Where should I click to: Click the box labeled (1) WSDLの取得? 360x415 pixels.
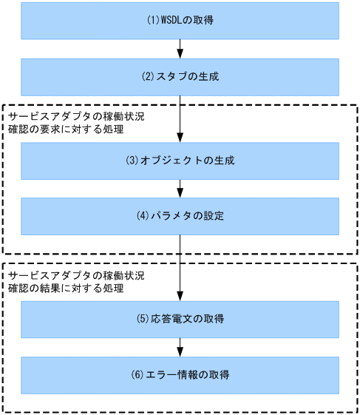(x=180, y=20)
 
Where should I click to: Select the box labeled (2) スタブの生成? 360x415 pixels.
(x=180, y=76)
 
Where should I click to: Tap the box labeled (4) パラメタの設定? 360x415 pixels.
(x=180, y=217)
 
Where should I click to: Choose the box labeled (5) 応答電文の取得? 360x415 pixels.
(x=180, y=320)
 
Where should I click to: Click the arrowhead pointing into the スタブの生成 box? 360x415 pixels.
(x=180, y=53)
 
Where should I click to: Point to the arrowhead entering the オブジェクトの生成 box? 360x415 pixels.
(x=180, y=138)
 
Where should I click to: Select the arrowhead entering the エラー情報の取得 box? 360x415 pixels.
(x=180, y=352)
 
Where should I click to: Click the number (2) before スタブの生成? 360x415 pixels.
(x=148, y=77)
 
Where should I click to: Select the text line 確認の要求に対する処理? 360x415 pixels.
(x=65, y=130)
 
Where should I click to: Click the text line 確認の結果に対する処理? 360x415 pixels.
(x=65, y=289)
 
